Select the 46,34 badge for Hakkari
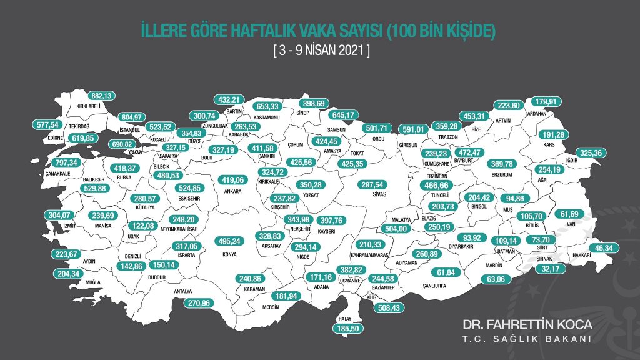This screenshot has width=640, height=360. click(604, 248)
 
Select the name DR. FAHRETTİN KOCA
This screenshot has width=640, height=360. click(527, 326)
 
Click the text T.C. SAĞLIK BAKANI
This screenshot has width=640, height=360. click(527, 339)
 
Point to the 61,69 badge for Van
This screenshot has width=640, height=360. click(572, 214)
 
